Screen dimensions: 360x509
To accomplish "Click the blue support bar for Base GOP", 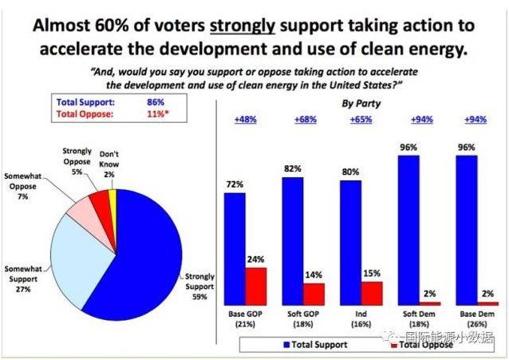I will click(x=235, y=248).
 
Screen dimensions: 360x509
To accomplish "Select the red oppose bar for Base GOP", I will click(x=255, y=286).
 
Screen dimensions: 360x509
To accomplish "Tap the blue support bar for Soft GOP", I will click(x=293, y=240).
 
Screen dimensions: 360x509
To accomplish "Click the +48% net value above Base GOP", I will click(x=244, y=120).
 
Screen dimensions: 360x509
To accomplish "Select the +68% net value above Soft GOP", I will click(x=302, y=120).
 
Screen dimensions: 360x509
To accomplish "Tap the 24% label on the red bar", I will click(x=255, y=260).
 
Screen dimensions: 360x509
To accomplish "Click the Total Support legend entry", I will click(x=311, y=345).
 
